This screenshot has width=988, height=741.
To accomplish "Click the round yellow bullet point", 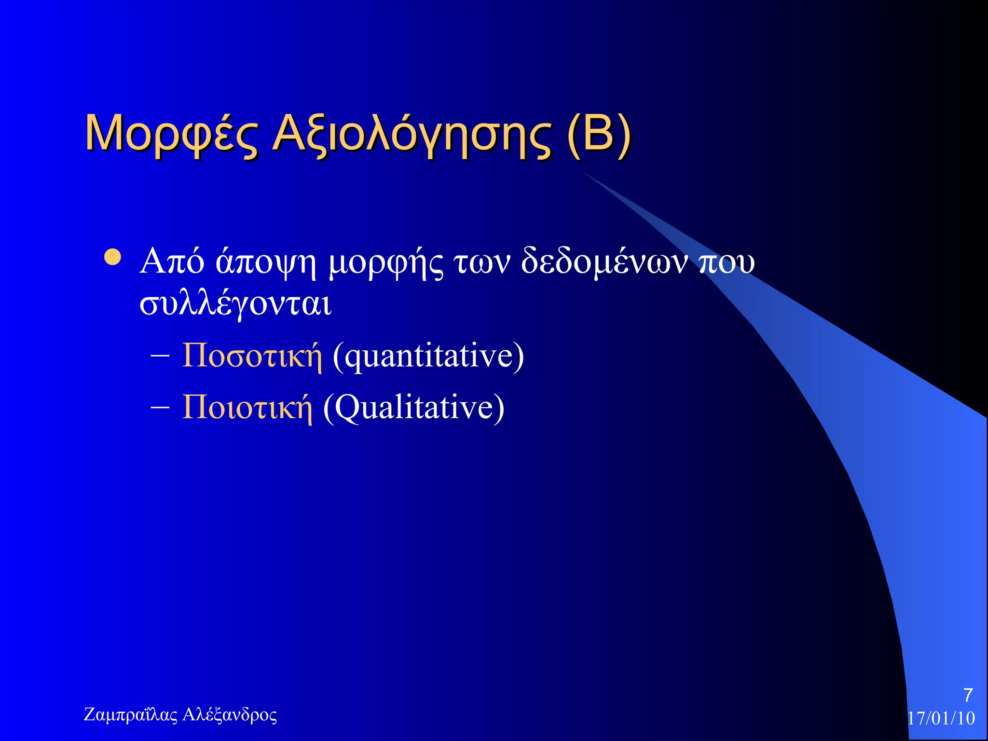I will click(x=113, y=258).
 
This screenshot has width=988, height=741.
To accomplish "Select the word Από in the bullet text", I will click(x=172, y=261).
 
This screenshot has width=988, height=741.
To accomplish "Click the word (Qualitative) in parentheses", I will click(x=414, y=408).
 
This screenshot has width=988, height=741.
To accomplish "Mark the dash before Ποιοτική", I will click(x=160, y=408).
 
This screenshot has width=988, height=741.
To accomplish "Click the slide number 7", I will click(x=968, y=695).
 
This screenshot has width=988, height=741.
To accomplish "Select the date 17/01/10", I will click(x=941, y=718).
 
